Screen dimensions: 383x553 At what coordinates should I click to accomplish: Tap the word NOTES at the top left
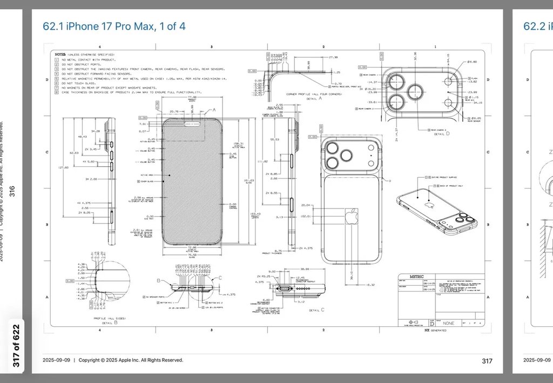(60, 54)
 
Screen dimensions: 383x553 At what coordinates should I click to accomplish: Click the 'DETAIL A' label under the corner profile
(313, 98)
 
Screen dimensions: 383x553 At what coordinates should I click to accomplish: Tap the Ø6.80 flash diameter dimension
(472, 62)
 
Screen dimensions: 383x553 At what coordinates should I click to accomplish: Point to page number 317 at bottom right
(487, 360)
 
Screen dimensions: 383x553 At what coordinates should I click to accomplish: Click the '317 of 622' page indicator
(16, 346)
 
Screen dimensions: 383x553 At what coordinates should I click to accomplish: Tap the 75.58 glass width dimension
(192, 255)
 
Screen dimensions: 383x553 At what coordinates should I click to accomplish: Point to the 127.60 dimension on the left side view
(63, 167)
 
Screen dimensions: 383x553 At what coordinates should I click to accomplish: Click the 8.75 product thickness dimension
(279, 251)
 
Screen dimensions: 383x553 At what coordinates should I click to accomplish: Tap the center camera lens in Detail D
(416, 91)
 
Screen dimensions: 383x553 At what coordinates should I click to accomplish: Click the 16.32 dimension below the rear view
(370, 284)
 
